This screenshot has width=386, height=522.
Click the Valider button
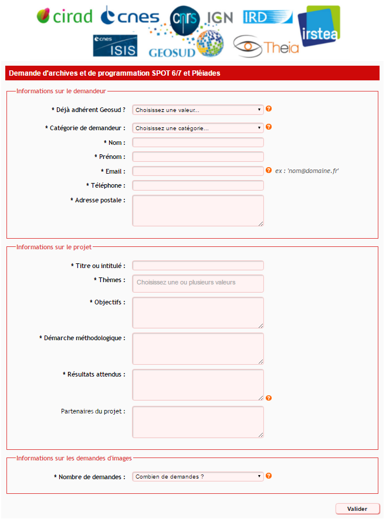(357, 509)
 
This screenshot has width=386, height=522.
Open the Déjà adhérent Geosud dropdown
(198, 110)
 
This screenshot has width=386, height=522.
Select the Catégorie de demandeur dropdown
(198, 128)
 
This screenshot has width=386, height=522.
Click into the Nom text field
(198, 143)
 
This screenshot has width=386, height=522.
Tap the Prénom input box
(198, 157)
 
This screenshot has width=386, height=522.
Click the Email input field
(198, 171)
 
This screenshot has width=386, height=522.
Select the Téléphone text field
(198, 185)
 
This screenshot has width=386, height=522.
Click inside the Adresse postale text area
(198, 210)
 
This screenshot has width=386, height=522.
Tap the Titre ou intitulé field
(198, 266)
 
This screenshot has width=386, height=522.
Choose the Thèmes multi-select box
(198, 283)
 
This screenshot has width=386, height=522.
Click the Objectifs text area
(198, 312)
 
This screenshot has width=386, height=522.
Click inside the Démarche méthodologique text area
(198, 348)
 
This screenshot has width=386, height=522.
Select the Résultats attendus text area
(198, 385)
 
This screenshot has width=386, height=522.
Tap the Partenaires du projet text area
(198, 422)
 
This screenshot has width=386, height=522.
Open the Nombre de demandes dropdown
(198, 477)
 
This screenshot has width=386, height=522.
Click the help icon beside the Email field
(269, 171)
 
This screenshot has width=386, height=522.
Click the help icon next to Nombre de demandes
(269, 476)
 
